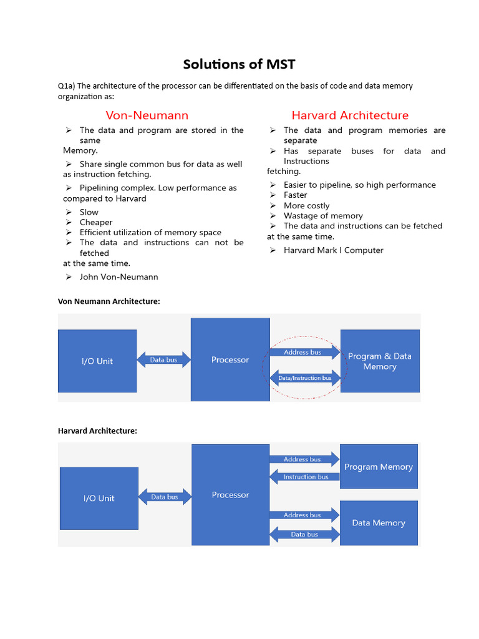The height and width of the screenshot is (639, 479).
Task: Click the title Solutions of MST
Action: (x=239, y=64)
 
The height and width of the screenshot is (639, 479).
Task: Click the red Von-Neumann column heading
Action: (x=147, y=115)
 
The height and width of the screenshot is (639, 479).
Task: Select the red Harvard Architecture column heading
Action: (x=350, y=115)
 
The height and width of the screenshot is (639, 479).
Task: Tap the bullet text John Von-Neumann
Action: (x=119, y=277)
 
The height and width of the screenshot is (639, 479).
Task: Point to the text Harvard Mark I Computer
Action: (x=333, y=250)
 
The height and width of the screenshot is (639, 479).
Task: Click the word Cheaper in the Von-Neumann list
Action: (x=96, y=222)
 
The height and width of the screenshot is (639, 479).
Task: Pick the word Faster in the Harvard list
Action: (x=295, y=195)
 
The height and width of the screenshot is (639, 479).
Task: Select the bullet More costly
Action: (x=306, y=205)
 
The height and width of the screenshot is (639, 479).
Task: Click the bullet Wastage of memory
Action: (x=323, y=216)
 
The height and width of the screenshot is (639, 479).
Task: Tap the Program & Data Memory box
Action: (x=379, y=361)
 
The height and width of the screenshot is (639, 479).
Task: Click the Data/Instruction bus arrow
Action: (x=304, y=378)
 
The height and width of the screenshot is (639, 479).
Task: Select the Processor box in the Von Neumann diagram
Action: (x=230, y=359)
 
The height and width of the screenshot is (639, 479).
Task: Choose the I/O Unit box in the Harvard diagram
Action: (x=99, y=498)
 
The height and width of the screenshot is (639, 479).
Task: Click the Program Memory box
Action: (x=378, y=467)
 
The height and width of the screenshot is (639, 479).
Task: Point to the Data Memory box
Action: (x=378, y=523)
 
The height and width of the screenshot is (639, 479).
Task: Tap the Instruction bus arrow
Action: (x=304, y=477)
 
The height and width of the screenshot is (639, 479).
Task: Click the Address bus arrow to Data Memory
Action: (x=303, y=515)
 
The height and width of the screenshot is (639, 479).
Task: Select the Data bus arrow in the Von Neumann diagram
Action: (x=163, y=360)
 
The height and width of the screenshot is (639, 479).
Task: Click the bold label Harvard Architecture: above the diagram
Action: (x=97, y=431)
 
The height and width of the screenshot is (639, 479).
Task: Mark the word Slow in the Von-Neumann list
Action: (x=89, y=212)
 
